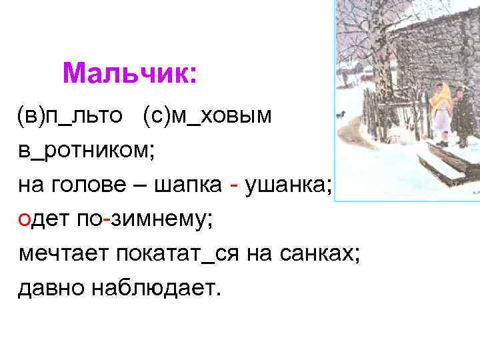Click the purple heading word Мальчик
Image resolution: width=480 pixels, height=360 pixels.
pos(129,73)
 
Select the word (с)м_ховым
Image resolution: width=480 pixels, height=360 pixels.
pos(207,116)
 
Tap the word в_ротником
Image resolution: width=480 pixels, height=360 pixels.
pos(86,151)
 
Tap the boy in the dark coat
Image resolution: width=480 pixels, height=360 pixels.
pos(461,117)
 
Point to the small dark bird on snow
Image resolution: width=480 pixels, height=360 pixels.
pos(342,113)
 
